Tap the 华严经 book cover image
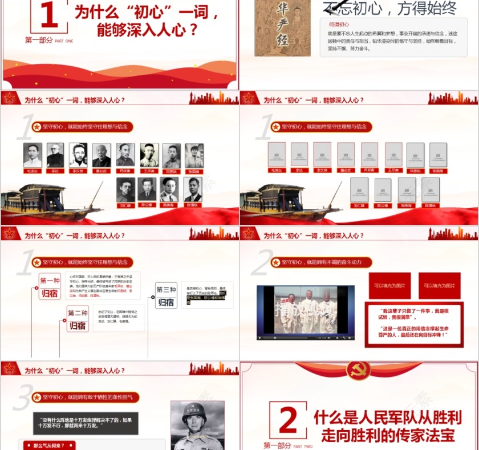(282, 27)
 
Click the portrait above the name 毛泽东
(33, 155)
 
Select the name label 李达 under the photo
(55, 171)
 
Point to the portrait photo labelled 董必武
(102, 155)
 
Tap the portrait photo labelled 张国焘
(194, 155)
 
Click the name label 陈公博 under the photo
(147, 205)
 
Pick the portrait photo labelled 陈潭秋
(193, 190)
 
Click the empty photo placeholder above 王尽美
(393, 154)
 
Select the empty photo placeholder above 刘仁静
(359, 190)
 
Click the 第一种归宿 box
(50, 287)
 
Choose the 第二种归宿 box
(78, 319)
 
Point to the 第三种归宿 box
(166, 296)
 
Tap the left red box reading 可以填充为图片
(389, 285)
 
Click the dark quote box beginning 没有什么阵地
(85, 423)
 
